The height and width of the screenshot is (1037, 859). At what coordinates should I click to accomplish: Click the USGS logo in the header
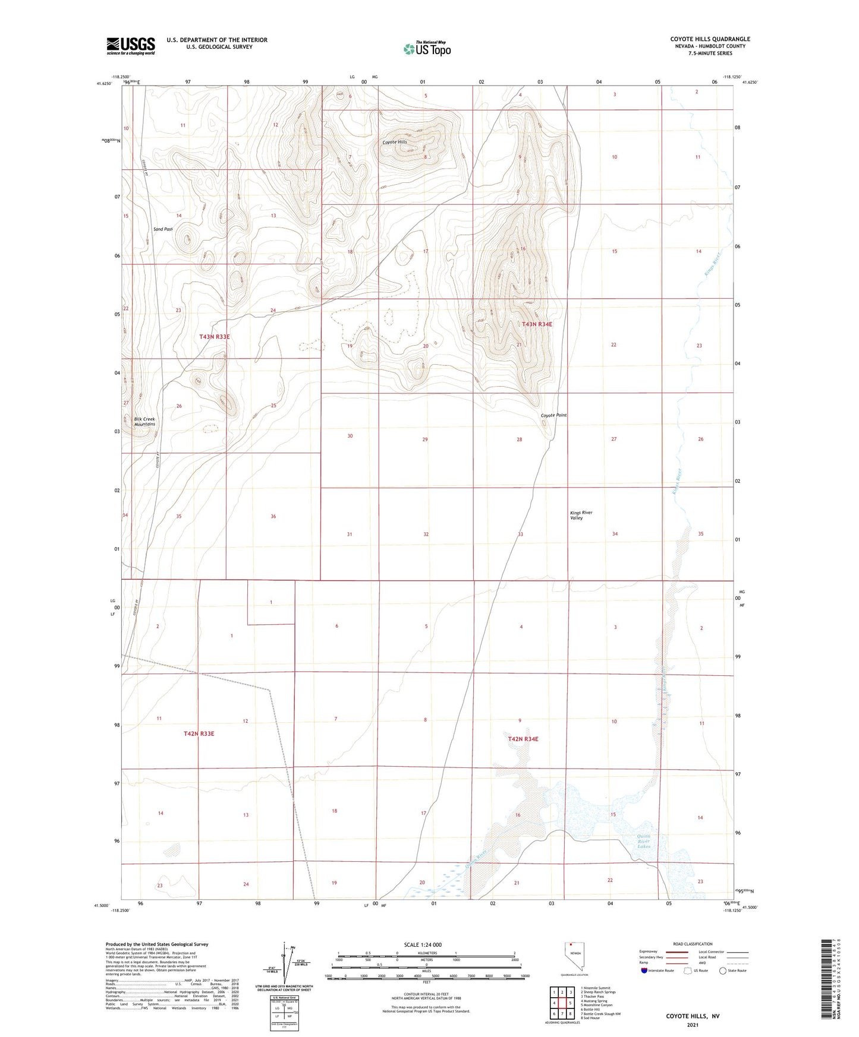(131, 46)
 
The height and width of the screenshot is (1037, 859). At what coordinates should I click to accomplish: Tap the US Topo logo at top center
(427, 49)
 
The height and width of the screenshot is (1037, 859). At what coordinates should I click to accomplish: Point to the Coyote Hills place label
(395, 143)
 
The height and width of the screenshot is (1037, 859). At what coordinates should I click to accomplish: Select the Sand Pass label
(163, 229)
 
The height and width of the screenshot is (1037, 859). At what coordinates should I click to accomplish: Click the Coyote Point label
(553, 415)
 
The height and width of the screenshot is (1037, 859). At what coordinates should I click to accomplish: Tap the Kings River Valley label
(581, 515)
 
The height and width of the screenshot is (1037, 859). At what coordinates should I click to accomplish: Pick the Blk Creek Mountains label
(144, 422)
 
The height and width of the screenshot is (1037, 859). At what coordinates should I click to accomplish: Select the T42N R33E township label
(199, 734)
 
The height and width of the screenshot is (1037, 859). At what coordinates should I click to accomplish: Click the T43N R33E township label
(214, 337)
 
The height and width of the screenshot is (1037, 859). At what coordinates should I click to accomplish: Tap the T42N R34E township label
(523, 739)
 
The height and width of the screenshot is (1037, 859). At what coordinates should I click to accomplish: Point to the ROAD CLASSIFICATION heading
(693, 944)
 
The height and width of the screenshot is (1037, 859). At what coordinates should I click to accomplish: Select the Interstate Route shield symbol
(644, 970)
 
